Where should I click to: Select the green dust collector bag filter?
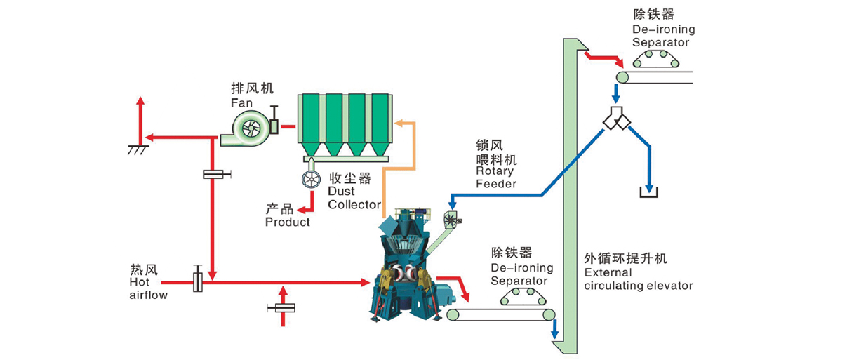click(x=343, y=123)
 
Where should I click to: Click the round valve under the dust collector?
click(x=309, y=180)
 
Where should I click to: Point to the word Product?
click(x=287, y=222)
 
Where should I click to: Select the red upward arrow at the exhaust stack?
click(x=140, y=112)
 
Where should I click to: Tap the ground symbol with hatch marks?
click(x=138, y=149)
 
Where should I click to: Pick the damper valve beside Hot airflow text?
click(x=197, y=281)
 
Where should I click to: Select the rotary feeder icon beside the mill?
click(x=450, y=220)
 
